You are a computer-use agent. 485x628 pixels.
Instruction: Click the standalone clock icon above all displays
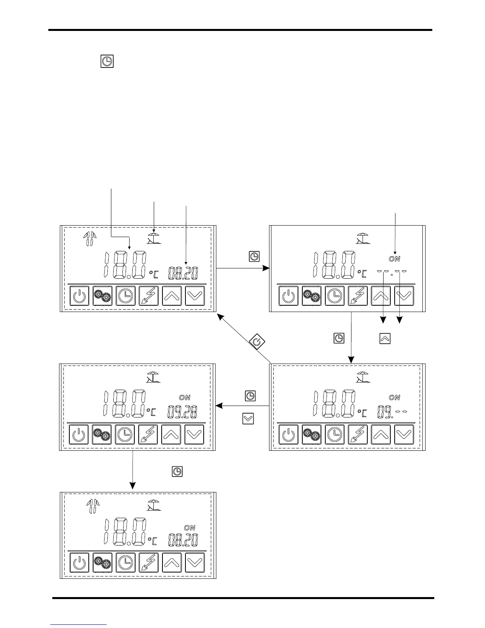[x=107, y=61]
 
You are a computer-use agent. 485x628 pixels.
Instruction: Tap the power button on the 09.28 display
[x=79, y=435]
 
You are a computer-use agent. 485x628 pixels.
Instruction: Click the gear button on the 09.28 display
[x=102, y=435]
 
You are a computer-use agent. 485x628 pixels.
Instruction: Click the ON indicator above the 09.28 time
[x=185, y=397]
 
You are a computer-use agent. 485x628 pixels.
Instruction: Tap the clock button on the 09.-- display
[x=335, y=435]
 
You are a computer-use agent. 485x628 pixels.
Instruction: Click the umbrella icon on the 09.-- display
[x=363, y=378]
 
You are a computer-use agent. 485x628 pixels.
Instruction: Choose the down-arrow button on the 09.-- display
[x=404, y=435]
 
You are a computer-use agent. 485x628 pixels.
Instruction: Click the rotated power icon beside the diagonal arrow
[x=257, y=342]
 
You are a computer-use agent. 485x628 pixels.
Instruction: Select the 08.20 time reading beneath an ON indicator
[x=183, y=540]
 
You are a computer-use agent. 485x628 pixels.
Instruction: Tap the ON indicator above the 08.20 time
[x=190, y=528]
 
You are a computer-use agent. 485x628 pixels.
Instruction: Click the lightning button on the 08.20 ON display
[x=149, y=563]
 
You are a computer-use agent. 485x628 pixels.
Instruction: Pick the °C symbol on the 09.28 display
[x=152, y=412]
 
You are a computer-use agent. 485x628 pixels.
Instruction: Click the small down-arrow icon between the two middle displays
[x=248, y=419]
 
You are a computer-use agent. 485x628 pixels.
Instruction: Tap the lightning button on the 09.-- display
[x=358, y=435]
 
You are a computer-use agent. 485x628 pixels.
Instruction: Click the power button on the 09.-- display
[x=289, y=435]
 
